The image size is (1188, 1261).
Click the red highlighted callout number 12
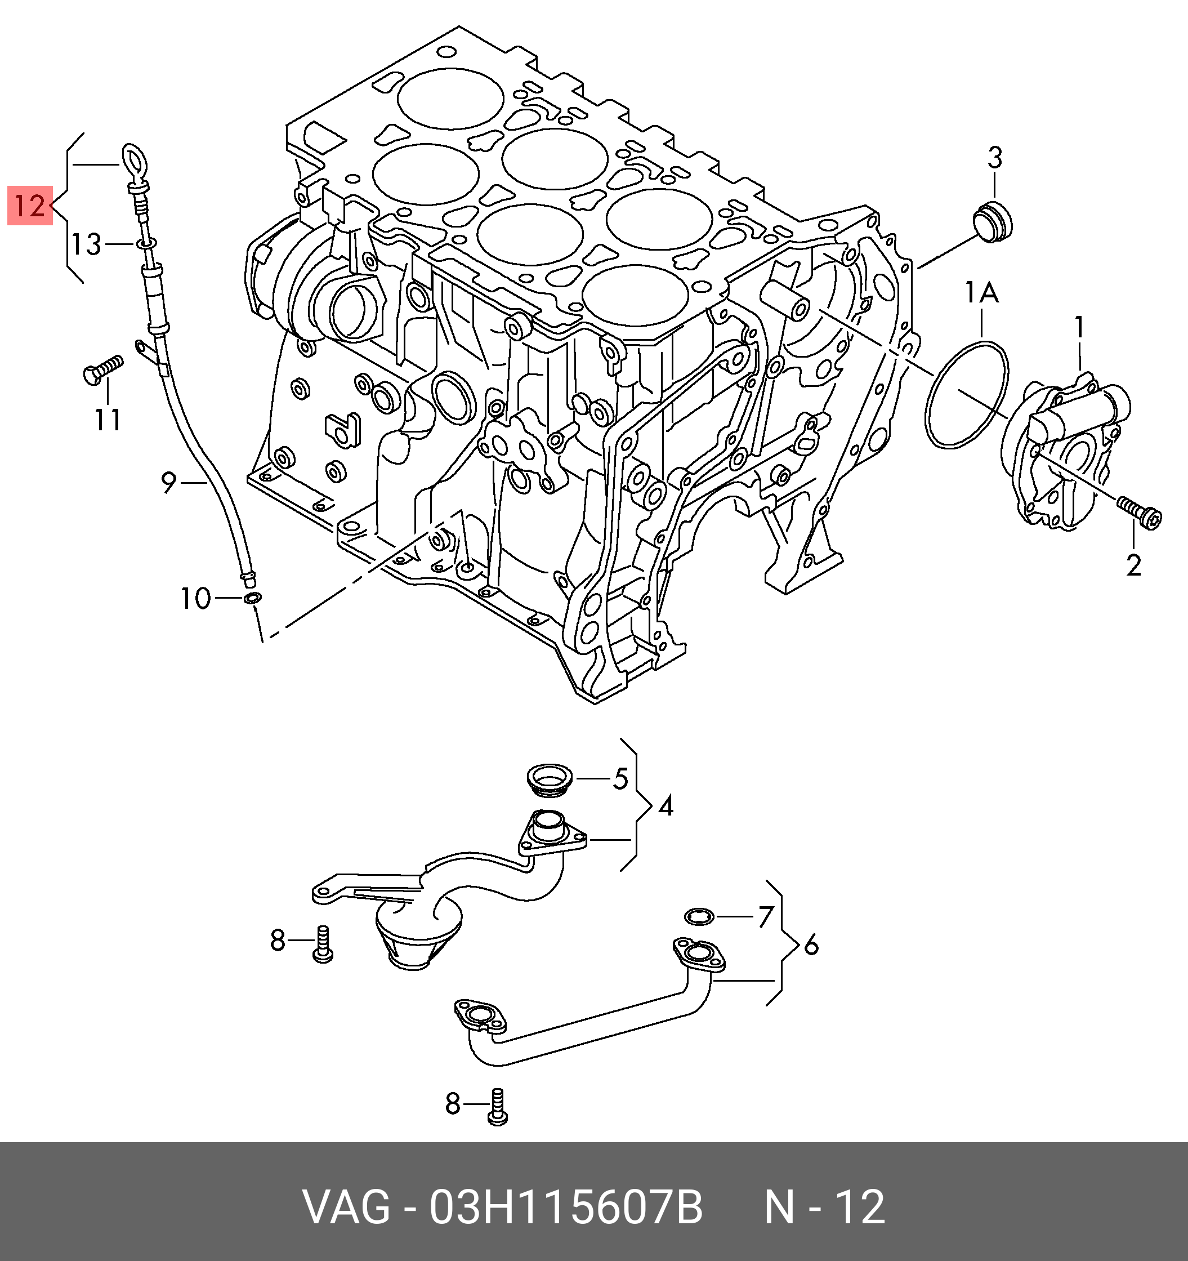pyautogui.click(x=29, y=206)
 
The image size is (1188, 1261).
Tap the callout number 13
pyautogui.click(x=86, y=244)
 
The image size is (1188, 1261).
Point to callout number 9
pyautogui.click(x=168, y=483)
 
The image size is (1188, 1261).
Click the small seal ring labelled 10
pyautogui.click(x=252, y=598)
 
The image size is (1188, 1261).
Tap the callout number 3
pyautogui.click(x=994, y=157)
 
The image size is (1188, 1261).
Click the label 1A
pyautogui.click(x=981, y=293)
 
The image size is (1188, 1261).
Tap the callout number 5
pyautogui.click(x=620, y=778)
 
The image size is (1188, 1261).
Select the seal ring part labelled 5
pyautogui.click(x=550, y=779)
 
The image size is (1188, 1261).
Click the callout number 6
pyautogui.click(x=811, y=946)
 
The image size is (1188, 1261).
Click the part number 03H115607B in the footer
pyautogui.click(x=566, y=1207)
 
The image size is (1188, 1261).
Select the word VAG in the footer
pyautogui.click(x=346, y=1207)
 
